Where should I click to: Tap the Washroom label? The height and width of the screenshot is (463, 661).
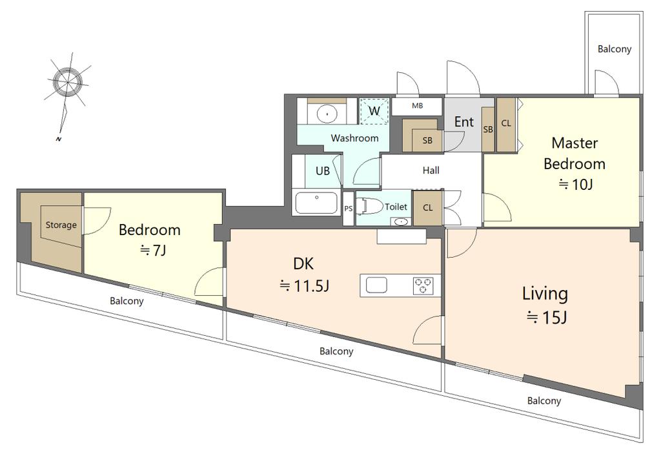coord(354,138)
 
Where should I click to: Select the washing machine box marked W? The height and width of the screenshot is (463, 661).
coord(374,111)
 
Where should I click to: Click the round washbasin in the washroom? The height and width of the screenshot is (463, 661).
coord(326,113)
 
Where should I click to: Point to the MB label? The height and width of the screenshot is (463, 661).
coord(418,105)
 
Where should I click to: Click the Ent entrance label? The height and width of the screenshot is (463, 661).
coord(463,122)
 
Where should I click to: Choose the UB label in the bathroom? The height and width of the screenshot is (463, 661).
coord(323,170)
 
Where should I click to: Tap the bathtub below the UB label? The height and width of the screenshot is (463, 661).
coord(316,203)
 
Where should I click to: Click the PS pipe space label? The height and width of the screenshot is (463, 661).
coord(348,209)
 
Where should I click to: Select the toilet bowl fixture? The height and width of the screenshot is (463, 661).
coord(369,206)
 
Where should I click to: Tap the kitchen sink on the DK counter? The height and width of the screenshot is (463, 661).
coord(376,285)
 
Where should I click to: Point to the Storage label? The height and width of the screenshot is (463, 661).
coord(61,225)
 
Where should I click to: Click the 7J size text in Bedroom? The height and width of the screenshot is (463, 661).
coord(153,251)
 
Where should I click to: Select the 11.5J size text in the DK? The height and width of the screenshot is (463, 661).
coord(305,286)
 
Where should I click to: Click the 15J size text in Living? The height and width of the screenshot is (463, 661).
coord(546,317)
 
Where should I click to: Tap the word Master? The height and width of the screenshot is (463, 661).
coord(575,143)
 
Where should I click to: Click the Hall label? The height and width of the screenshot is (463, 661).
coord(431,170)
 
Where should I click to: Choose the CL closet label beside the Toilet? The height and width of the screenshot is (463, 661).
coord(427,207)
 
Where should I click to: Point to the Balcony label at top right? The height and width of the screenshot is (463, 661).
coord(615,49)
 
